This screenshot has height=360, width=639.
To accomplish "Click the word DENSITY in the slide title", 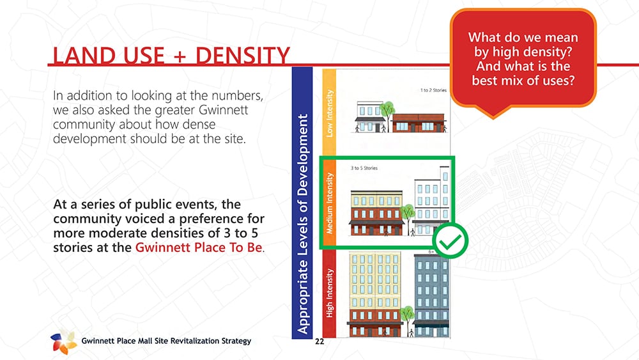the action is coord(243,56).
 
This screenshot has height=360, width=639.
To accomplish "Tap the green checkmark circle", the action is coord(450,241).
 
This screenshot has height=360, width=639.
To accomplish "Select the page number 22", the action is coord(319,341).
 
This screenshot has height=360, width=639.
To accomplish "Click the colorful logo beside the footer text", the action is coord(63,341).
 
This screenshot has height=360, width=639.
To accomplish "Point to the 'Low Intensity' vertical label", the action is coord(329,113).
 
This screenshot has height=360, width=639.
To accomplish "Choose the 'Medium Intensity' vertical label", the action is coord(329,203).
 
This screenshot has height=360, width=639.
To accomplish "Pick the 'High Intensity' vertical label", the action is coord(329,293).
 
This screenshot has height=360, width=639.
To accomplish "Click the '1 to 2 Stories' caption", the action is coord(433,90).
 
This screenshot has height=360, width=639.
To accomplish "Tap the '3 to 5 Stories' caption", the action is coord(364,168).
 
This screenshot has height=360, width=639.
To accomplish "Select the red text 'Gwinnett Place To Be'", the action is coord(199,247).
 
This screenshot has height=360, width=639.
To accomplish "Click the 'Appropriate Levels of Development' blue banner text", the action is coord(302,224).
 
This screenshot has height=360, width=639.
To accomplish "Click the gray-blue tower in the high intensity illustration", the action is coord(431,295).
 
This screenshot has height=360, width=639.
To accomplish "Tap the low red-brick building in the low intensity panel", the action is coord(418,123).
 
